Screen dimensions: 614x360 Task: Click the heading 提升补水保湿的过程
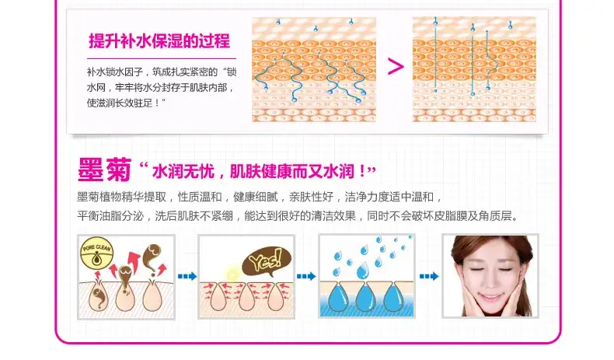coord(159,41)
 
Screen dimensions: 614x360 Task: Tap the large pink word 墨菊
coord(104,170)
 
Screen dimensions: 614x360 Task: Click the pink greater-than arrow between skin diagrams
coord(396,66)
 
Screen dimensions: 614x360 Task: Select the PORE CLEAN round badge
coord(96,254)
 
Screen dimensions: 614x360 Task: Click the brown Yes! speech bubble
coord(267,261)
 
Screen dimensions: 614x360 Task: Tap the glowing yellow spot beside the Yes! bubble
coord(232,274)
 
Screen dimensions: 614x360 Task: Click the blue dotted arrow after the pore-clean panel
coord(187,276)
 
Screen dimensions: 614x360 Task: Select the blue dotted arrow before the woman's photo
coord(429,276)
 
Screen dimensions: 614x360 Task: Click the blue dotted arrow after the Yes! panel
coord(306,276)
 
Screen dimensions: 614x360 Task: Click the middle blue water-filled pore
coord(366,298)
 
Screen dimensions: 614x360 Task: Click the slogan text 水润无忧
coord(183,172)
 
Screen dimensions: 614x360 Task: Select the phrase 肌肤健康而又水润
coord(291,172)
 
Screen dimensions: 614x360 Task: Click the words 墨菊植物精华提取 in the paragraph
coord(122,197)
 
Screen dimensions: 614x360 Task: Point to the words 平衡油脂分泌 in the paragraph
coord(110,216)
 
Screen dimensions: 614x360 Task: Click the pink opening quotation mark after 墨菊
coord(143,167)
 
